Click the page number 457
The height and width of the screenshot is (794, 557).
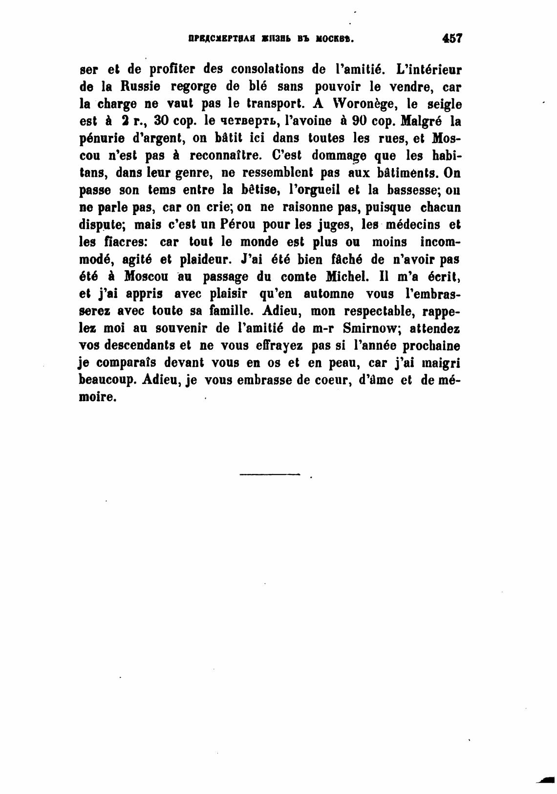click(x=451, y=38)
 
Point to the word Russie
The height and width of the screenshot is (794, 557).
click(x=139, y=87)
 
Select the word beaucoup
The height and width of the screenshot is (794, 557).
click(x=106, y=380)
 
